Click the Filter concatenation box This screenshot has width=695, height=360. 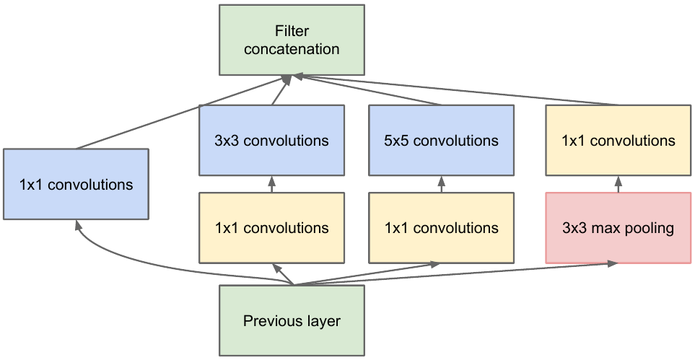point(291,40)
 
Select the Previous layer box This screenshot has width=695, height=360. point(291,320)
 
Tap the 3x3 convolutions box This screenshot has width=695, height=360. point(271,141)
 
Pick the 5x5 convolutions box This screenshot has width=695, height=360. point(441,141)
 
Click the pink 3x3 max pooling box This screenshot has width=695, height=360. point(618,228)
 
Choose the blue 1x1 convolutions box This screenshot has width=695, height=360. point(76,184)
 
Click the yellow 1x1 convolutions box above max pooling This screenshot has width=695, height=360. point(618,141)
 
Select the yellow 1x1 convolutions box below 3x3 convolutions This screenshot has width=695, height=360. point(271,228)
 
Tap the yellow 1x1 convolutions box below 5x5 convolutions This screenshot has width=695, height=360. point(441,228)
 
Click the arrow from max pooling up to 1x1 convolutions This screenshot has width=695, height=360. point(618,185)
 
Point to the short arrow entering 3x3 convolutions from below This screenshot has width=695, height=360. point(271,185)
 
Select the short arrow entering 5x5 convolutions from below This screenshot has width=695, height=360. point(441,185)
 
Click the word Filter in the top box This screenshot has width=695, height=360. point(291,31)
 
